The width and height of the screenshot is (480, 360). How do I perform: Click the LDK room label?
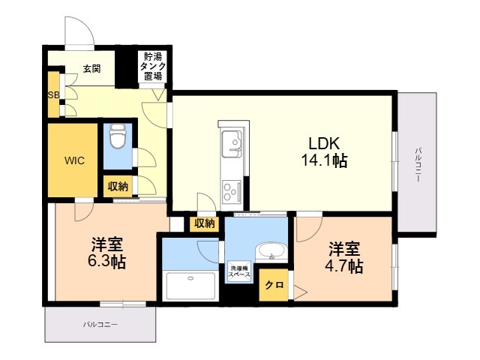pos(324,143)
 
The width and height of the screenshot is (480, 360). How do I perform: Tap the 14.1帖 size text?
pos(325,160)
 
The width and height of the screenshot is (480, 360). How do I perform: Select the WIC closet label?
pos(74,160)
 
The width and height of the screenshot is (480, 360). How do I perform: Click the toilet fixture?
pos(118,136)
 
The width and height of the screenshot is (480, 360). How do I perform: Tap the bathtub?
pos(190,285)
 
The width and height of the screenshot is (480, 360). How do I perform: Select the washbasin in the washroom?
pos(271,251)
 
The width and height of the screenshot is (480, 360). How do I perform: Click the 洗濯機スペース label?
pos(240,271)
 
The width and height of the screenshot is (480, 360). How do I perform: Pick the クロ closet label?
pos(274,285)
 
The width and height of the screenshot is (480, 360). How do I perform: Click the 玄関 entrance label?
pos(91,68)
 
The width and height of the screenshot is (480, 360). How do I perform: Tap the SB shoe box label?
pos(53,95)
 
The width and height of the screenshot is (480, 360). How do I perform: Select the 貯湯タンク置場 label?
pos(153,66)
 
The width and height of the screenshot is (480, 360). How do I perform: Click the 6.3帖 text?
pos(106,262)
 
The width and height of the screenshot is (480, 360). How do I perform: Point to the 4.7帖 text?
pos(344,266)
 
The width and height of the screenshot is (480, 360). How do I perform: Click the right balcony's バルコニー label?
pos(418,165)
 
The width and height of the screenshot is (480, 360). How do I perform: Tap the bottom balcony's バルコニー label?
pos(100,325)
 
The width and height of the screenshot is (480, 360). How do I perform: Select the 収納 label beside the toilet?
pos(118,186)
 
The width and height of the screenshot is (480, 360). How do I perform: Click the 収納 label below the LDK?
pos(205,224)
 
